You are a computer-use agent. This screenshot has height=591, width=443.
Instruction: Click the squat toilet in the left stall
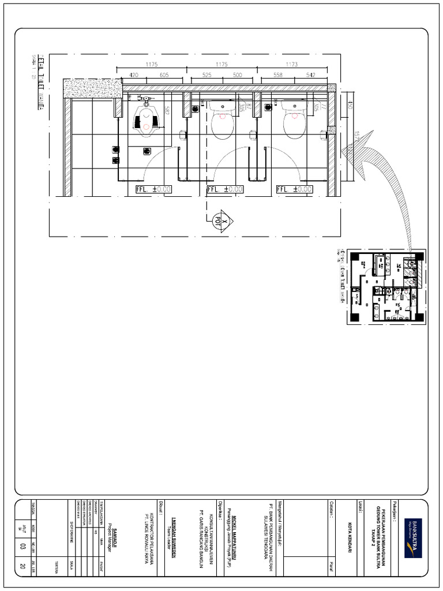[x=148, y=118]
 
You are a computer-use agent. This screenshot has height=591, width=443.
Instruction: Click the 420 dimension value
[x=133, y=75]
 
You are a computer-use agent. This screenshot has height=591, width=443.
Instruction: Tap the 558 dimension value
[x=279, y=75]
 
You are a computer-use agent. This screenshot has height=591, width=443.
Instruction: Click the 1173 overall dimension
[x=292, y=65]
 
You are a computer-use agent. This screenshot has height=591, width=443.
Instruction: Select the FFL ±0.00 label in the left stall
[x=153, y=189]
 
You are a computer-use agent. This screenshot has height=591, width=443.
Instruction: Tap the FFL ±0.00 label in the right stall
[x=294, y=189]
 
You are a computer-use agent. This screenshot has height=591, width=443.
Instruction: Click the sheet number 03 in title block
[x=40, y=545]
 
